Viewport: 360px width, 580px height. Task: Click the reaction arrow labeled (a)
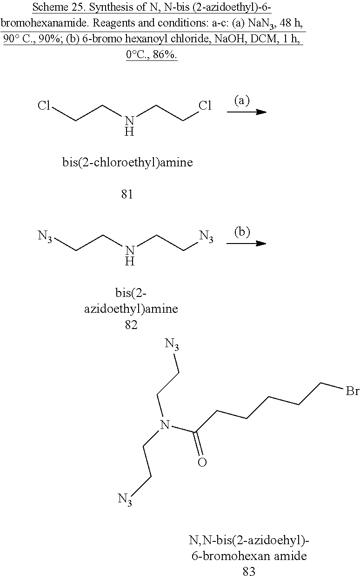[247, 112]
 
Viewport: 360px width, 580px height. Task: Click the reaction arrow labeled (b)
[247, 244]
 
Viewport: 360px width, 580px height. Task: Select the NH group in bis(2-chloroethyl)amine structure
[131, 126]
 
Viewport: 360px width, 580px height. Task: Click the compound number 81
[127, 194]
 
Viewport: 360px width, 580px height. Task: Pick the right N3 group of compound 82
[206, 237]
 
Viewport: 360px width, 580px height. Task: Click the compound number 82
[131, 325]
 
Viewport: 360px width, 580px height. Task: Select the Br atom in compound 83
[352, 392]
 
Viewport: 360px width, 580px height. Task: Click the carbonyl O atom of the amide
[202, 462]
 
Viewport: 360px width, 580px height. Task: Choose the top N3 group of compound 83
[172, 345]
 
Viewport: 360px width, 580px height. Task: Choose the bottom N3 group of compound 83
[124, 500]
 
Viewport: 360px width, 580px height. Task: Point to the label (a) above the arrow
[242, 100]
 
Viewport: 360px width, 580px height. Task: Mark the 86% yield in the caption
[162, 55]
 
